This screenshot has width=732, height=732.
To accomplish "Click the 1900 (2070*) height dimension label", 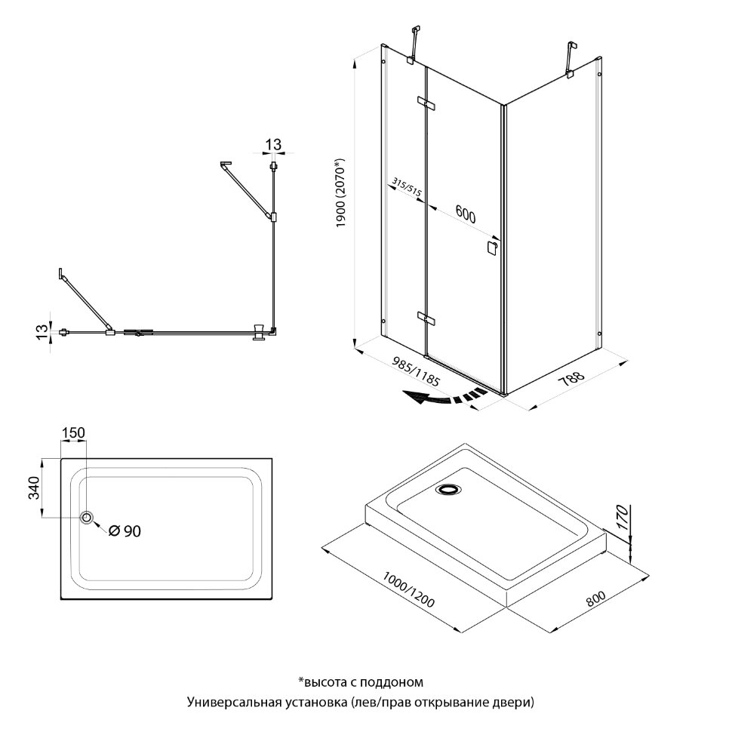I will pyautogui.click(x=340, y=193).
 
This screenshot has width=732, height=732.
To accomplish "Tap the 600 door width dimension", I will pyautogui.click(x=465, y=217).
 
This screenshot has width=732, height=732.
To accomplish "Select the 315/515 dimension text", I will pyautogui.click(x=407, y=188).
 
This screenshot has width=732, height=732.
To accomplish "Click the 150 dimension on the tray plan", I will pyautogui.click(x=74, y=432).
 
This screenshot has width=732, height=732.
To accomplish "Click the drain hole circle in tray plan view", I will pyautogui.click(x=88, y=518).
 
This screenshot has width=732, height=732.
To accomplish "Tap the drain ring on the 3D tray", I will pyautogui.click(x=448, y=491).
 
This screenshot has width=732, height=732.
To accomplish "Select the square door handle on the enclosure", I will pyautogui.click(x=492, y=248).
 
